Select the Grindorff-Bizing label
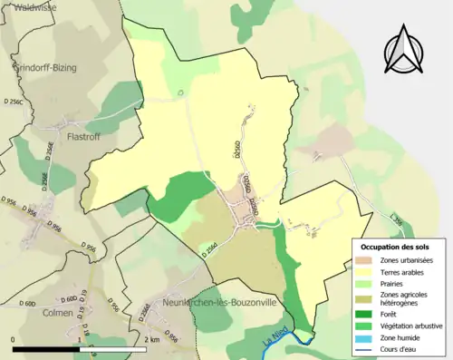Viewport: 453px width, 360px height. (x=45, y=67)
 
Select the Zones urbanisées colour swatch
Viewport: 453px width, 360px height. (x=367, y=261)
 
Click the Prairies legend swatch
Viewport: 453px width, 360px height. (x=367, y=282)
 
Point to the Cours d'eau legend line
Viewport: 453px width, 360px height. (x=367, y=346)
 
